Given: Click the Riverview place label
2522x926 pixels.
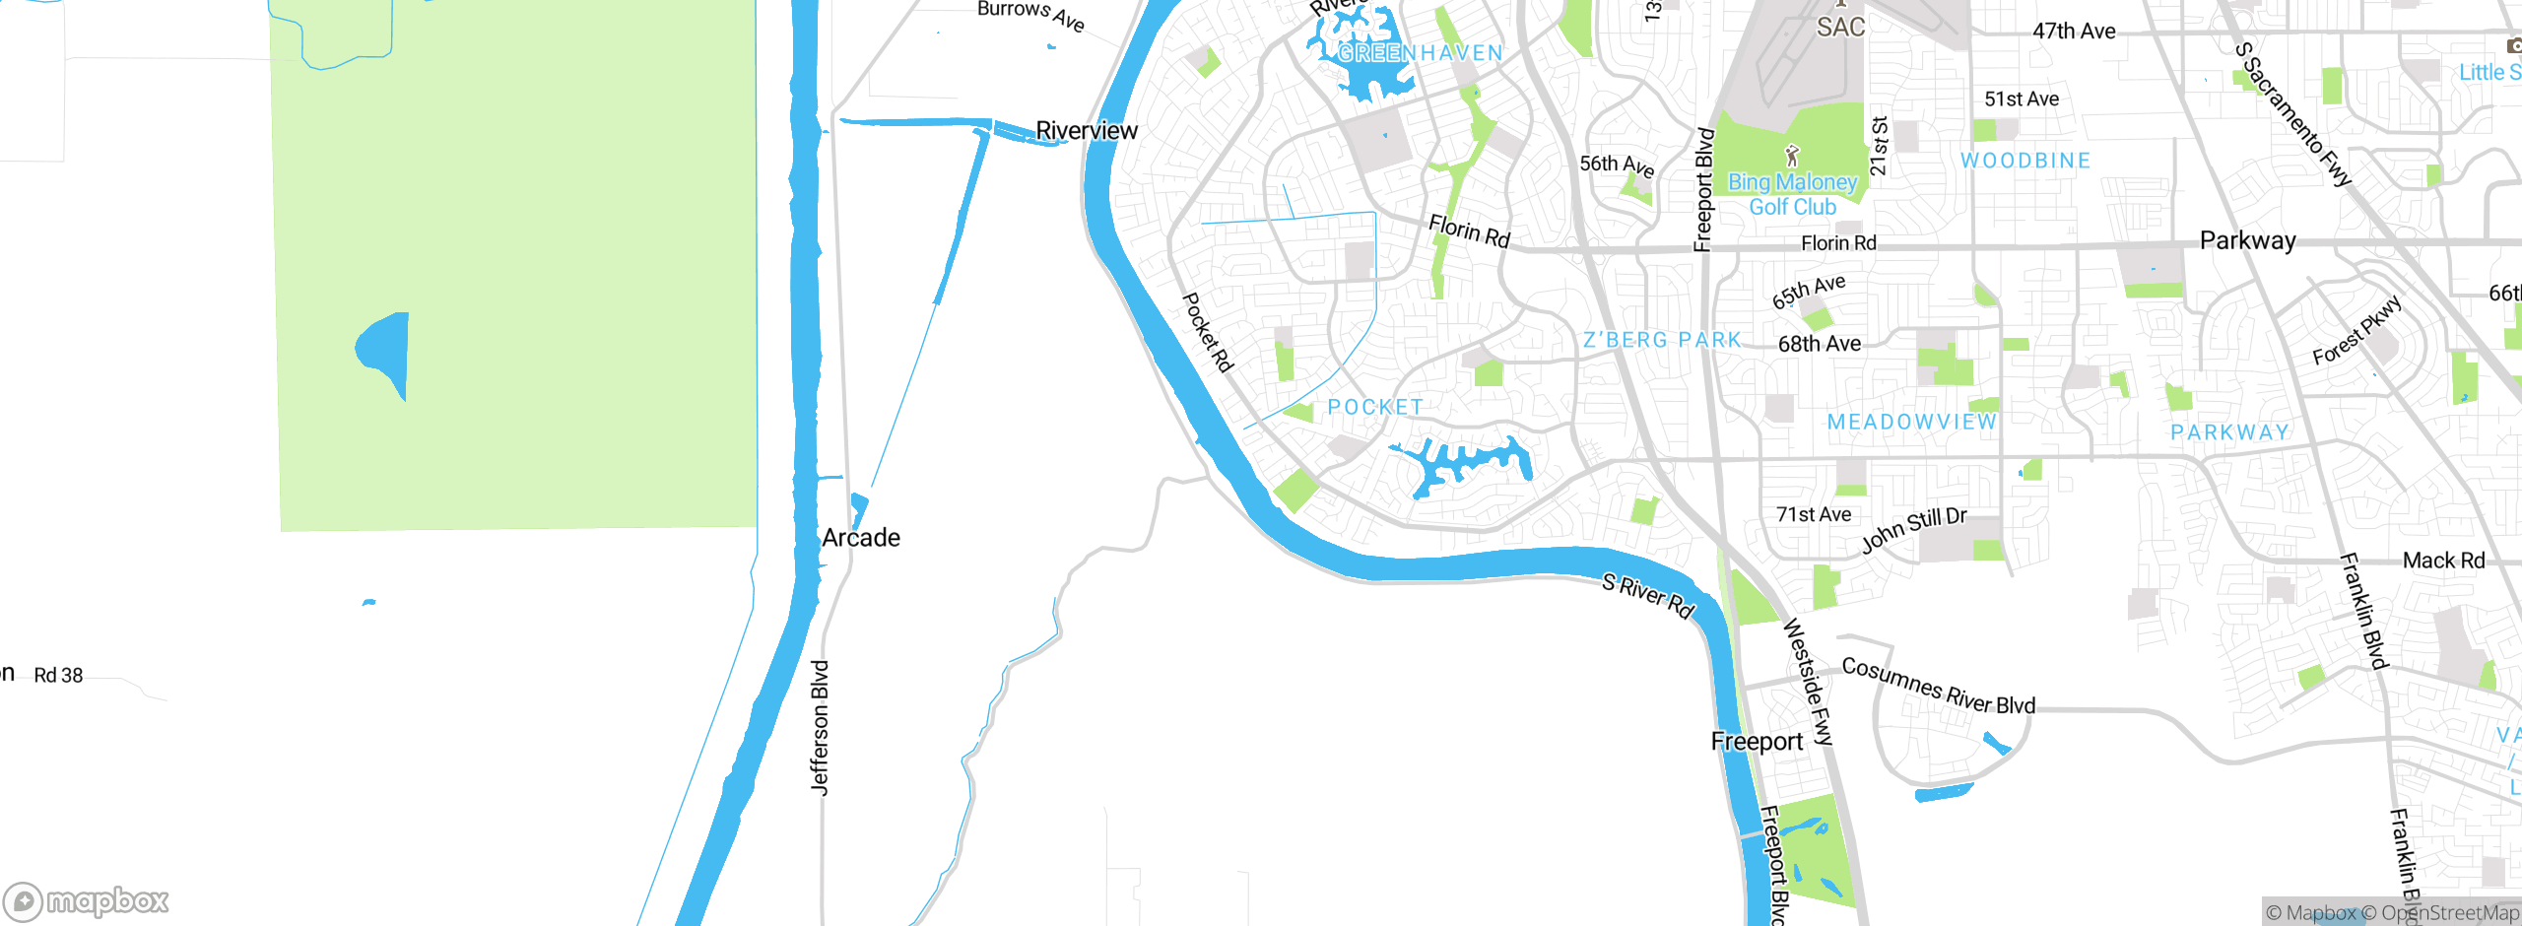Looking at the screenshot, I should point(1087,131).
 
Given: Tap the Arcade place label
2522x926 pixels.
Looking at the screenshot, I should point(861,538).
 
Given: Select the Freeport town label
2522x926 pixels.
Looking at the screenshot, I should point(1757,742).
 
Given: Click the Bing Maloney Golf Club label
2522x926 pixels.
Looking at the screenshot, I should point(1793,194).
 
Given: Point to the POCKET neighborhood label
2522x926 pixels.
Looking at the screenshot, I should point(1375,407).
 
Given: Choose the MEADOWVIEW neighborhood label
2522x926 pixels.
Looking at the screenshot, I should point(1912,422).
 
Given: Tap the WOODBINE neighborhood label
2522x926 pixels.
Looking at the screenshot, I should point(2025,161).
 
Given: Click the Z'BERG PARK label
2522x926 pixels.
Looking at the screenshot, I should point(1662,340).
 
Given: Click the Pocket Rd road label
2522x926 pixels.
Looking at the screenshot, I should point(1208,332).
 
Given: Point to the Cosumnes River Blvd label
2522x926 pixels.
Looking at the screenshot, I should point(1938,686).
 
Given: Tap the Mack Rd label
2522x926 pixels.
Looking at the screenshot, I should point(2443,561).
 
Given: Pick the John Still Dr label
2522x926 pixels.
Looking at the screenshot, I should point(1913,530).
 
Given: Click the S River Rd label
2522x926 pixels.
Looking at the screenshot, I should point(1648,596).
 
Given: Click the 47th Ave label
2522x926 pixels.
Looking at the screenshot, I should point(2074,32).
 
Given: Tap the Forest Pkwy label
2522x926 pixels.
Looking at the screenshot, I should point(2357,330).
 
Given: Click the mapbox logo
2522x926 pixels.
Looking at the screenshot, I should point(87,901).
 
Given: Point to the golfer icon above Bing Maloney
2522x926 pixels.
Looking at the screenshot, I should point(1792,156).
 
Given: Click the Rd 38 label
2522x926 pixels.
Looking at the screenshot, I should point(58,676).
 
